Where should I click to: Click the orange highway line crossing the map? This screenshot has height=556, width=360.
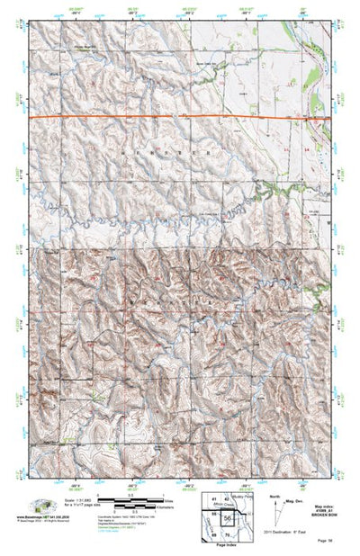[x=180, y=118]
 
